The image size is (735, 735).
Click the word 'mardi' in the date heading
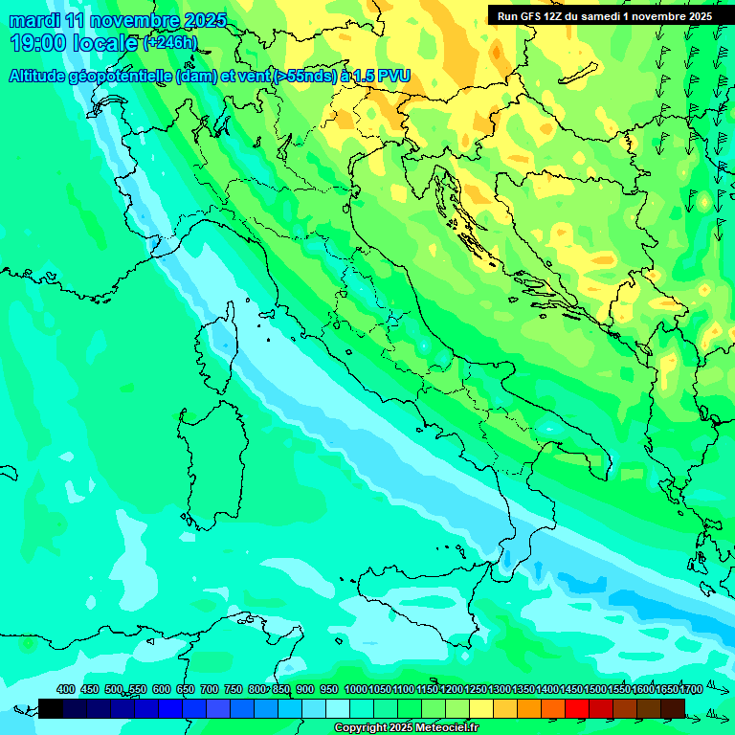click(33, 21)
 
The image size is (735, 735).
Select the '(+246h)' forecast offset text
click(169, 42)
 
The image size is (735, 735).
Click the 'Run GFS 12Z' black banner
click(604, 16)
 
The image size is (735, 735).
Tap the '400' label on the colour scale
click(66, 689)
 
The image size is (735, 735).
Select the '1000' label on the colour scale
click(355, 689)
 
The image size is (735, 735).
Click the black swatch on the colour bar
click(51, 708)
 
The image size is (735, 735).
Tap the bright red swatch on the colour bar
click(577, 708)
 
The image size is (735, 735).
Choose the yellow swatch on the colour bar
click(481, 708)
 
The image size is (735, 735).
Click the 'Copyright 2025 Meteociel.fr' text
click(406, 728)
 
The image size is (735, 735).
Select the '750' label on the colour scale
click(234, 689)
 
